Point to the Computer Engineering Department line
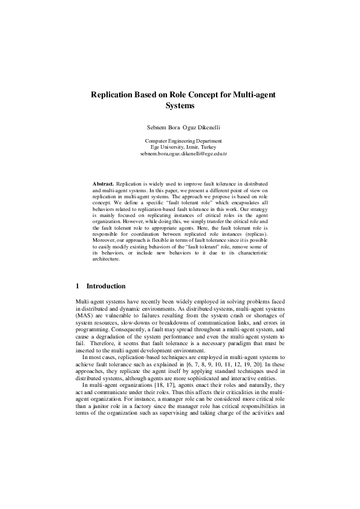pyautogui.click(x=180, y=141)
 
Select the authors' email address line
pyautogui.click(x=180, y=154)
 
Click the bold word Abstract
pyautogui.click(x=103, y=183)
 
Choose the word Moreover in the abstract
pyautogui.click(x=105, y=256)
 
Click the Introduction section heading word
pyautogui.click(x=106, y=287)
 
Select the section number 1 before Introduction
pyautogui.click(x=77, y=287)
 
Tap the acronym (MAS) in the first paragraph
pyautogui.click(x=83, y=316)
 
